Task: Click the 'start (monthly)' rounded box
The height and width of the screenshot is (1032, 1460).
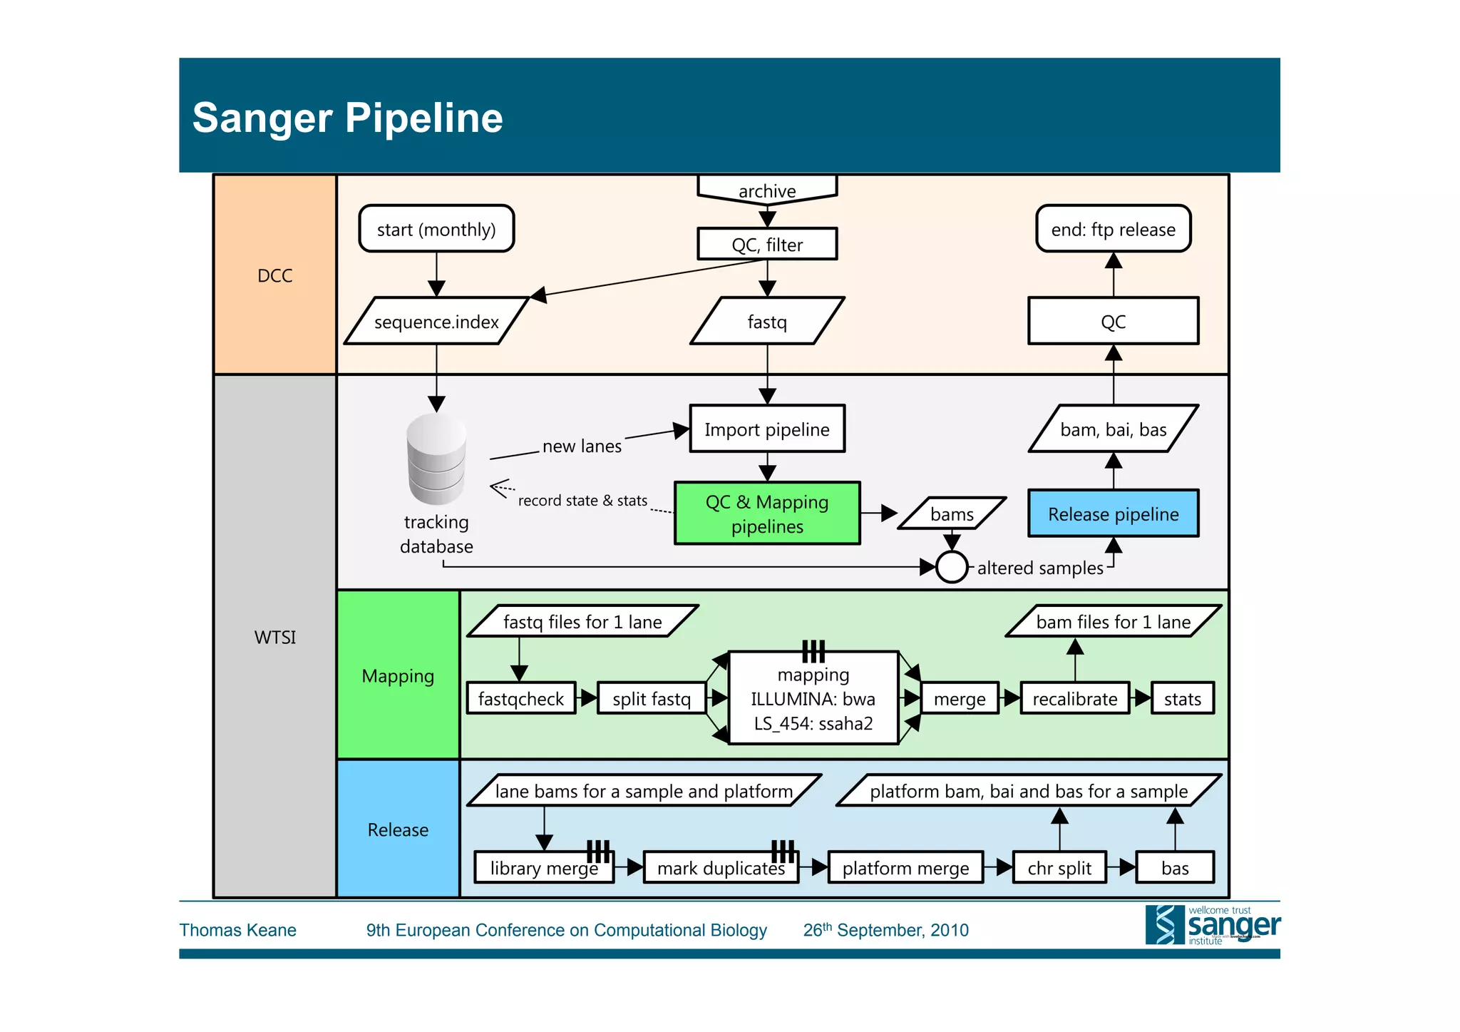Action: (x=436, y=229)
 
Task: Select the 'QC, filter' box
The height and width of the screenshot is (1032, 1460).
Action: (x=767, y=245)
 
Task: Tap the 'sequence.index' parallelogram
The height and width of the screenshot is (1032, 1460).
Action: (x=436, y=322)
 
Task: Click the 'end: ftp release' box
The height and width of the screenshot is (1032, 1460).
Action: (x=1113, y=229)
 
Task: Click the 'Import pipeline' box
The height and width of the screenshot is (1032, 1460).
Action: (x=767, y=429)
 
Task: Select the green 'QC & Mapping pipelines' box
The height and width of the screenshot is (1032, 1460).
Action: (x=767, y=514)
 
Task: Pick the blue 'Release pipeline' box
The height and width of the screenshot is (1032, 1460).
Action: (x=1113, y=514)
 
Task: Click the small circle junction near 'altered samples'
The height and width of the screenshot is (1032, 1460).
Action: (x=952, y=568)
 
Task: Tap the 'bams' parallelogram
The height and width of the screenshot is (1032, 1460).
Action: (x=952, y=514)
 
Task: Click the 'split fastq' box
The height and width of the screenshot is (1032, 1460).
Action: (x=652, y=699)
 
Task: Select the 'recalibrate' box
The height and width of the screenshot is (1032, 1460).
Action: (x=1074, y=699)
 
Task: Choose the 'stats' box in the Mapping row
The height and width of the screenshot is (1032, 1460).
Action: (x=1182, y=699)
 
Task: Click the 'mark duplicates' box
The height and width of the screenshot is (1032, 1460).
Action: (x=721, y=868)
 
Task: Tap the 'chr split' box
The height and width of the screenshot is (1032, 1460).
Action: (x=1059, y=868)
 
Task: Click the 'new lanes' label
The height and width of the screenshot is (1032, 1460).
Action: (x=582, y=446)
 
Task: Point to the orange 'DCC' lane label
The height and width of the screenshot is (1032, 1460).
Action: (x=275, y=275)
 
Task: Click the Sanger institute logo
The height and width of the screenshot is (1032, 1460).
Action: (x=1212, y=925)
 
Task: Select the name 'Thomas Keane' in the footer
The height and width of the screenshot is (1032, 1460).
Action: (x=237, y=930)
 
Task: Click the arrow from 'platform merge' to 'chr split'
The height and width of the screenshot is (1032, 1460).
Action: (x=998, y=868)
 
